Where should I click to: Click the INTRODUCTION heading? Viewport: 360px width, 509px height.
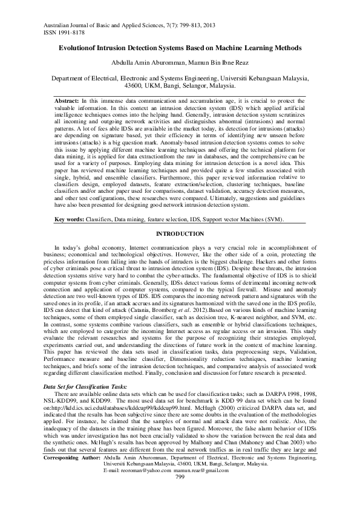(x=180, y=233)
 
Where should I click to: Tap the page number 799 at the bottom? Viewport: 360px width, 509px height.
(x=180, y=494)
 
